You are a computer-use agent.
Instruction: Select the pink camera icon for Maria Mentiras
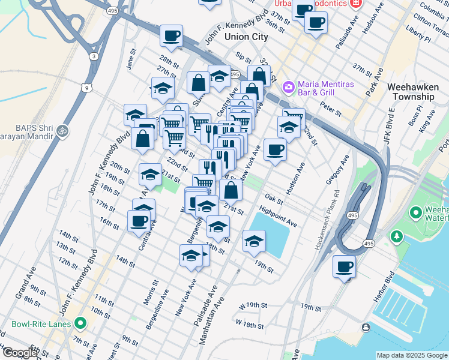[289, 87]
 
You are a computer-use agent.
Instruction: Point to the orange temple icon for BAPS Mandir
[62, 130]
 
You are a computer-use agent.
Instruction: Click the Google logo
[20, 353]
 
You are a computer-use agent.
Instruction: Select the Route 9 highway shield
[87, 88]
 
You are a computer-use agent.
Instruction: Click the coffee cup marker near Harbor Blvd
[344, 267]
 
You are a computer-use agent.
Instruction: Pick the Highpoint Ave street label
[278, 217]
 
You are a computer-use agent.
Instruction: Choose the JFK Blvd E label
[390, 125]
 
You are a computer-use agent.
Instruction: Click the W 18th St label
[250, 325]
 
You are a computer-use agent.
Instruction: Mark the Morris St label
[152, 292]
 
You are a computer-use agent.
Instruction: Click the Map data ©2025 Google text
[412, 355]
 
